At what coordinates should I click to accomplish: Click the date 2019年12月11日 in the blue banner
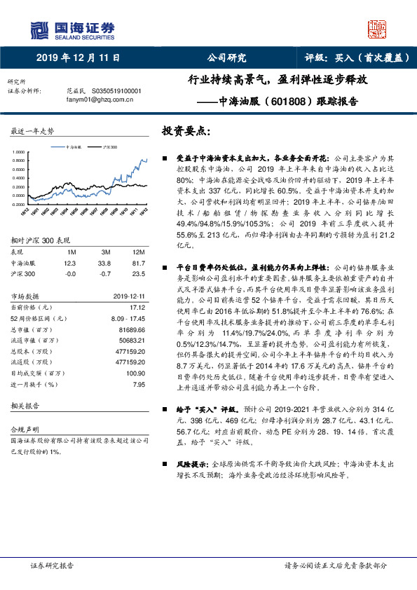click(78, 58)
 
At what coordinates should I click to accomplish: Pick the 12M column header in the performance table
click(139, 252)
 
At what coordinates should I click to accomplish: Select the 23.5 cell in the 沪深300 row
click(139, 274)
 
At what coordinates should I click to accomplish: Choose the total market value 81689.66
click(131, 329)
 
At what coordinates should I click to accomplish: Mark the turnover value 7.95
click(139, 384)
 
